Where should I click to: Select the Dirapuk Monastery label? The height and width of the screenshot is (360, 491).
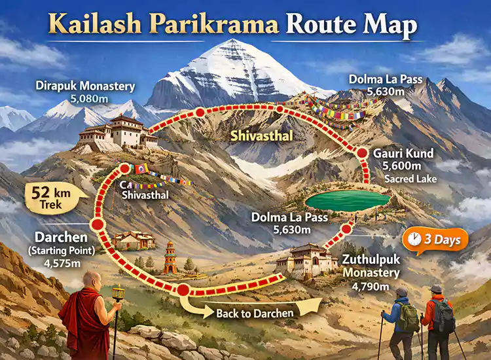pyautogui.click(x=86, y=86)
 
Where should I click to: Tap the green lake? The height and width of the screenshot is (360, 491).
pyautogui.click(x=348, y=200)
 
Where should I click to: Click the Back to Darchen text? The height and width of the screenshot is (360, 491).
pyautogui.click(x=255, y=313)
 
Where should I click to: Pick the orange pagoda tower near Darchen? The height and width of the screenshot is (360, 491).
pyautogui.click(x=170, y=257)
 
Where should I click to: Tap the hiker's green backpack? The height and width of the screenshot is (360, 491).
pyautogui.click(x=410, y=317)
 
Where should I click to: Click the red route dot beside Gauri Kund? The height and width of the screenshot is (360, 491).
pyautogui.click(x=363, y=153)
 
